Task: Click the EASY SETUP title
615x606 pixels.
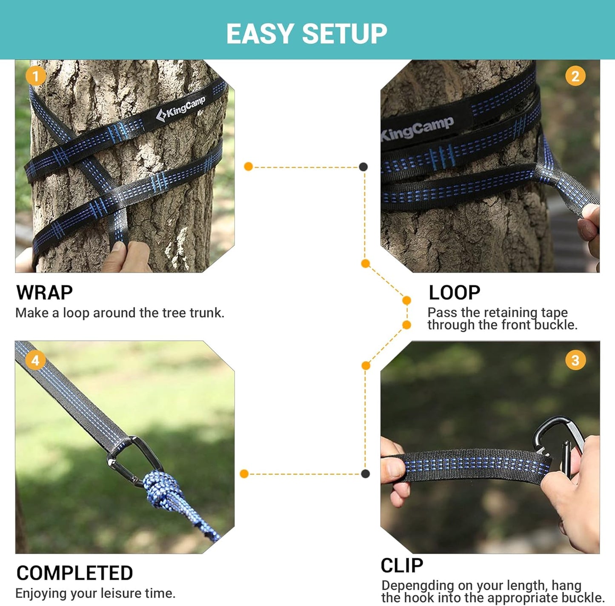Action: (306, 34)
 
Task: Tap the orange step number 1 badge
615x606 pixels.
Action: (35, 76)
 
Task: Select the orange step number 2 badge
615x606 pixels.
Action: (575, 76)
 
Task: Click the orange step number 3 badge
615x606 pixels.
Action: (575, 360)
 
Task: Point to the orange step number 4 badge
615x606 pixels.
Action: (35, 360)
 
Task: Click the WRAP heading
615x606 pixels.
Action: (44, 293)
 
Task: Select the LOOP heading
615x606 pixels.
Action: (454, 293)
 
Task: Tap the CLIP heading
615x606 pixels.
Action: (402, 566)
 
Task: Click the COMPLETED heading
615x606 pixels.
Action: (74, 573)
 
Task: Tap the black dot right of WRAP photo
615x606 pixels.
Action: (363, 167)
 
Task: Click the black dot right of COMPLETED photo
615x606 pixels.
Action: (365, 474)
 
